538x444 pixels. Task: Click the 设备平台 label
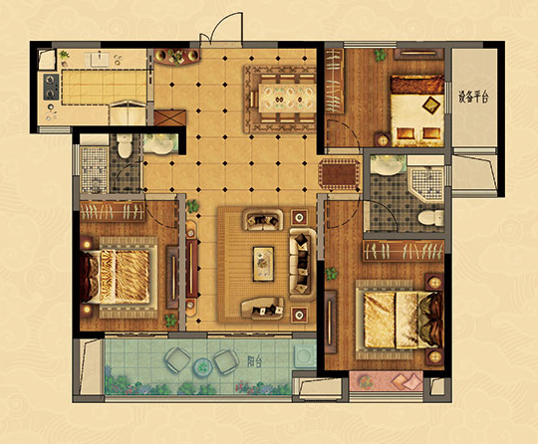click(473, 98)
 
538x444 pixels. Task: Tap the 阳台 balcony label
click(255, 361)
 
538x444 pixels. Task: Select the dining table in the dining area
click(287, 98)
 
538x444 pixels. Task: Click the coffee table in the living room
click(263, 264)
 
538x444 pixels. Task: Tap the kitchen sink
click(100, 59)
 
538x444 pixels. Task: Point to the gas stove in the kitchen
click(51, 87)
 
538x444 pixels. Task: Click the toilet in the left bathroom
click(125, 145)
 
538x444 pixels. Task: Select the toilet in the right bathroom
click(430, 218)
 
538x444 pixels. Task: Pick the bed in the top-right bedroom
click(417, 111)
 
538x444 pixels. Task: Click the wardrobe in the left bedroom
click(113, 211)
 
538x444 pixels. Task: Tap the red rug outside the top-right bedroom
click(340, 174)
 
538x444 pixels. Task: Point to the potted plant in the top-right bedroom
click(381, 55)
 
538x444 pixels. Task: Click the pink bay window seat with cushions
click(386, 381)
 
